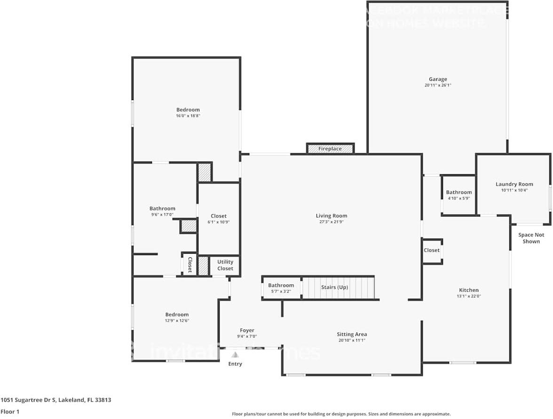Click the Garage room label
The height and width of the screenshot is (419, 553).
point(437,79)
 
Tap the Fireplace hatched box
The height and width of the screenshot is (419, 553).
point(330,149)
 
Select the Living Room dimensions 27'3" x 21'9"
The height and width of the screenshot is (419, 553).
point(332,222)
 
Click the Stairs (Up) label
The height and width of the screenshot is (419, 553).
point(334,287)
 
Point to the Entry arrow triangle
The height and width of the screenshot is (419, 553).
point(235,355)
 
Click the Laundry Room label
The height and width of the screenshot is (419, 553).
point(514,184)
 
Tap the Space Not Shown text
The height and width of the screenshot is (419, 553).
point(531,238)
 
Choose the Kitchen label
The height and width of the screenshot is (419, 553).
point(468,290)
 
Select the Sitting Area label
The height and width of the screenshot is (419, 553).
point(351,334)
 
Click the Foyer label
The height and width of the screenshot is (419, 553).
point(247,331)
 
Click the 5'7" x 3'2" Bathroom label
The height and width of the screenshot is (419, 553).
point(281,285)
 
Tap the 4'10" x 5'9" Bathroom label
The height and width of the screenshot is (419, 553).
point(458,192)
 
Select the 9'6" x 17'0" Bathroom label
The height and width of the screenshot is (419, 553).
point(162,209)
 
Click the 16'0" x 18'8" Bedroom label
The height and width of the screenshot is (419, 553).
point(188,110)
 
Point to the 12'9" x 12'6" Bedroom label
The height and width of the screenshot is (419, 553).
point(177,315)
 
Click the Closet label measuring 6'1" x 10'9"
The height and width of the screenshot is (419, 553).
point(219,216)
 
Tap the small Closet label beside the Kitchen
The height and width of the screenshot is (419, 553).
point(431,250)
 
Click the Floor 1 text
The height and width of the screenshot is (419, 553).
point(10,411)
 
